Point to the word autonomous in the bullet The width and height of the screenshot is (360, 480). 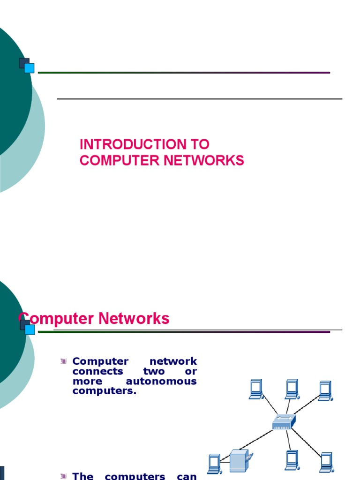click(161, 381)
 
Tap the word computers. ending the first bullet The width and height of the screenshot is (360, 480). click(104, 391)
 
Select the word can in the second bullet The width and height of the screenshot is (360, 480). click(187, 476)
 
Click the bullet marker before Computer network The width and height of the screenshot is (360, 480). click(63, 361)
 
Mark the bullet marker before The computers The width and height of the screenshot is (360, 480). click(63, 476)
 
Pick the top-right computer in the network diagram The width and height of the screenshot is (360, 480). click(325, 390)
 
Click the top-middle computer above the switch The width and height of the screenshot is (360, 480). click(292, 389)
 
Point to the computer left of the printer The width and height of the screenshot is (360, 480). click(214, 463)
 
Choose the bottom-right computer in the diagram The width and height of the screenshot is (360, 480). click(326, 462)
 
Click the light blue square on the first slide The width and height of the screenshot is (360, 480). click(29, 68)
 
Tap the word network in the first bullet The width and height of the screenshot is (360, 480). click(173, 361)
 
